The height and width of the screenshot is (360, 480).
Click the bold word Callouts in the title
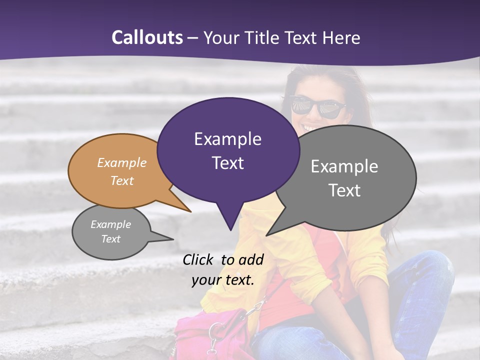[147, 37]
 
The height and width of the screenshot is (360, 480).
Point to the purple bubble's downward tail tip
[230, 229]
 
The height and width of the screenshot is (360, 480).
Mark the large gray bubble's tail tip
[267, 234]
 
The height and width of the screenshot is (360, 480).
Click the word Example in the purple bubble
[227, 138]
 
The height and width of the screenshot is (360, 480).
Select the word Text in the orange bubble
[122, 180]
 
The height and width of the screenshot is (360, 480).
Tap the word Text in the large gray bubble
[344, 190]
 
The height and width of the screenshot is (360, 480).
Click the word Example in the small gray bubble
[110, 224]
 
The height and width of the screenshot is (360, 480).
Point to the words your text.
[223, 280]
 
